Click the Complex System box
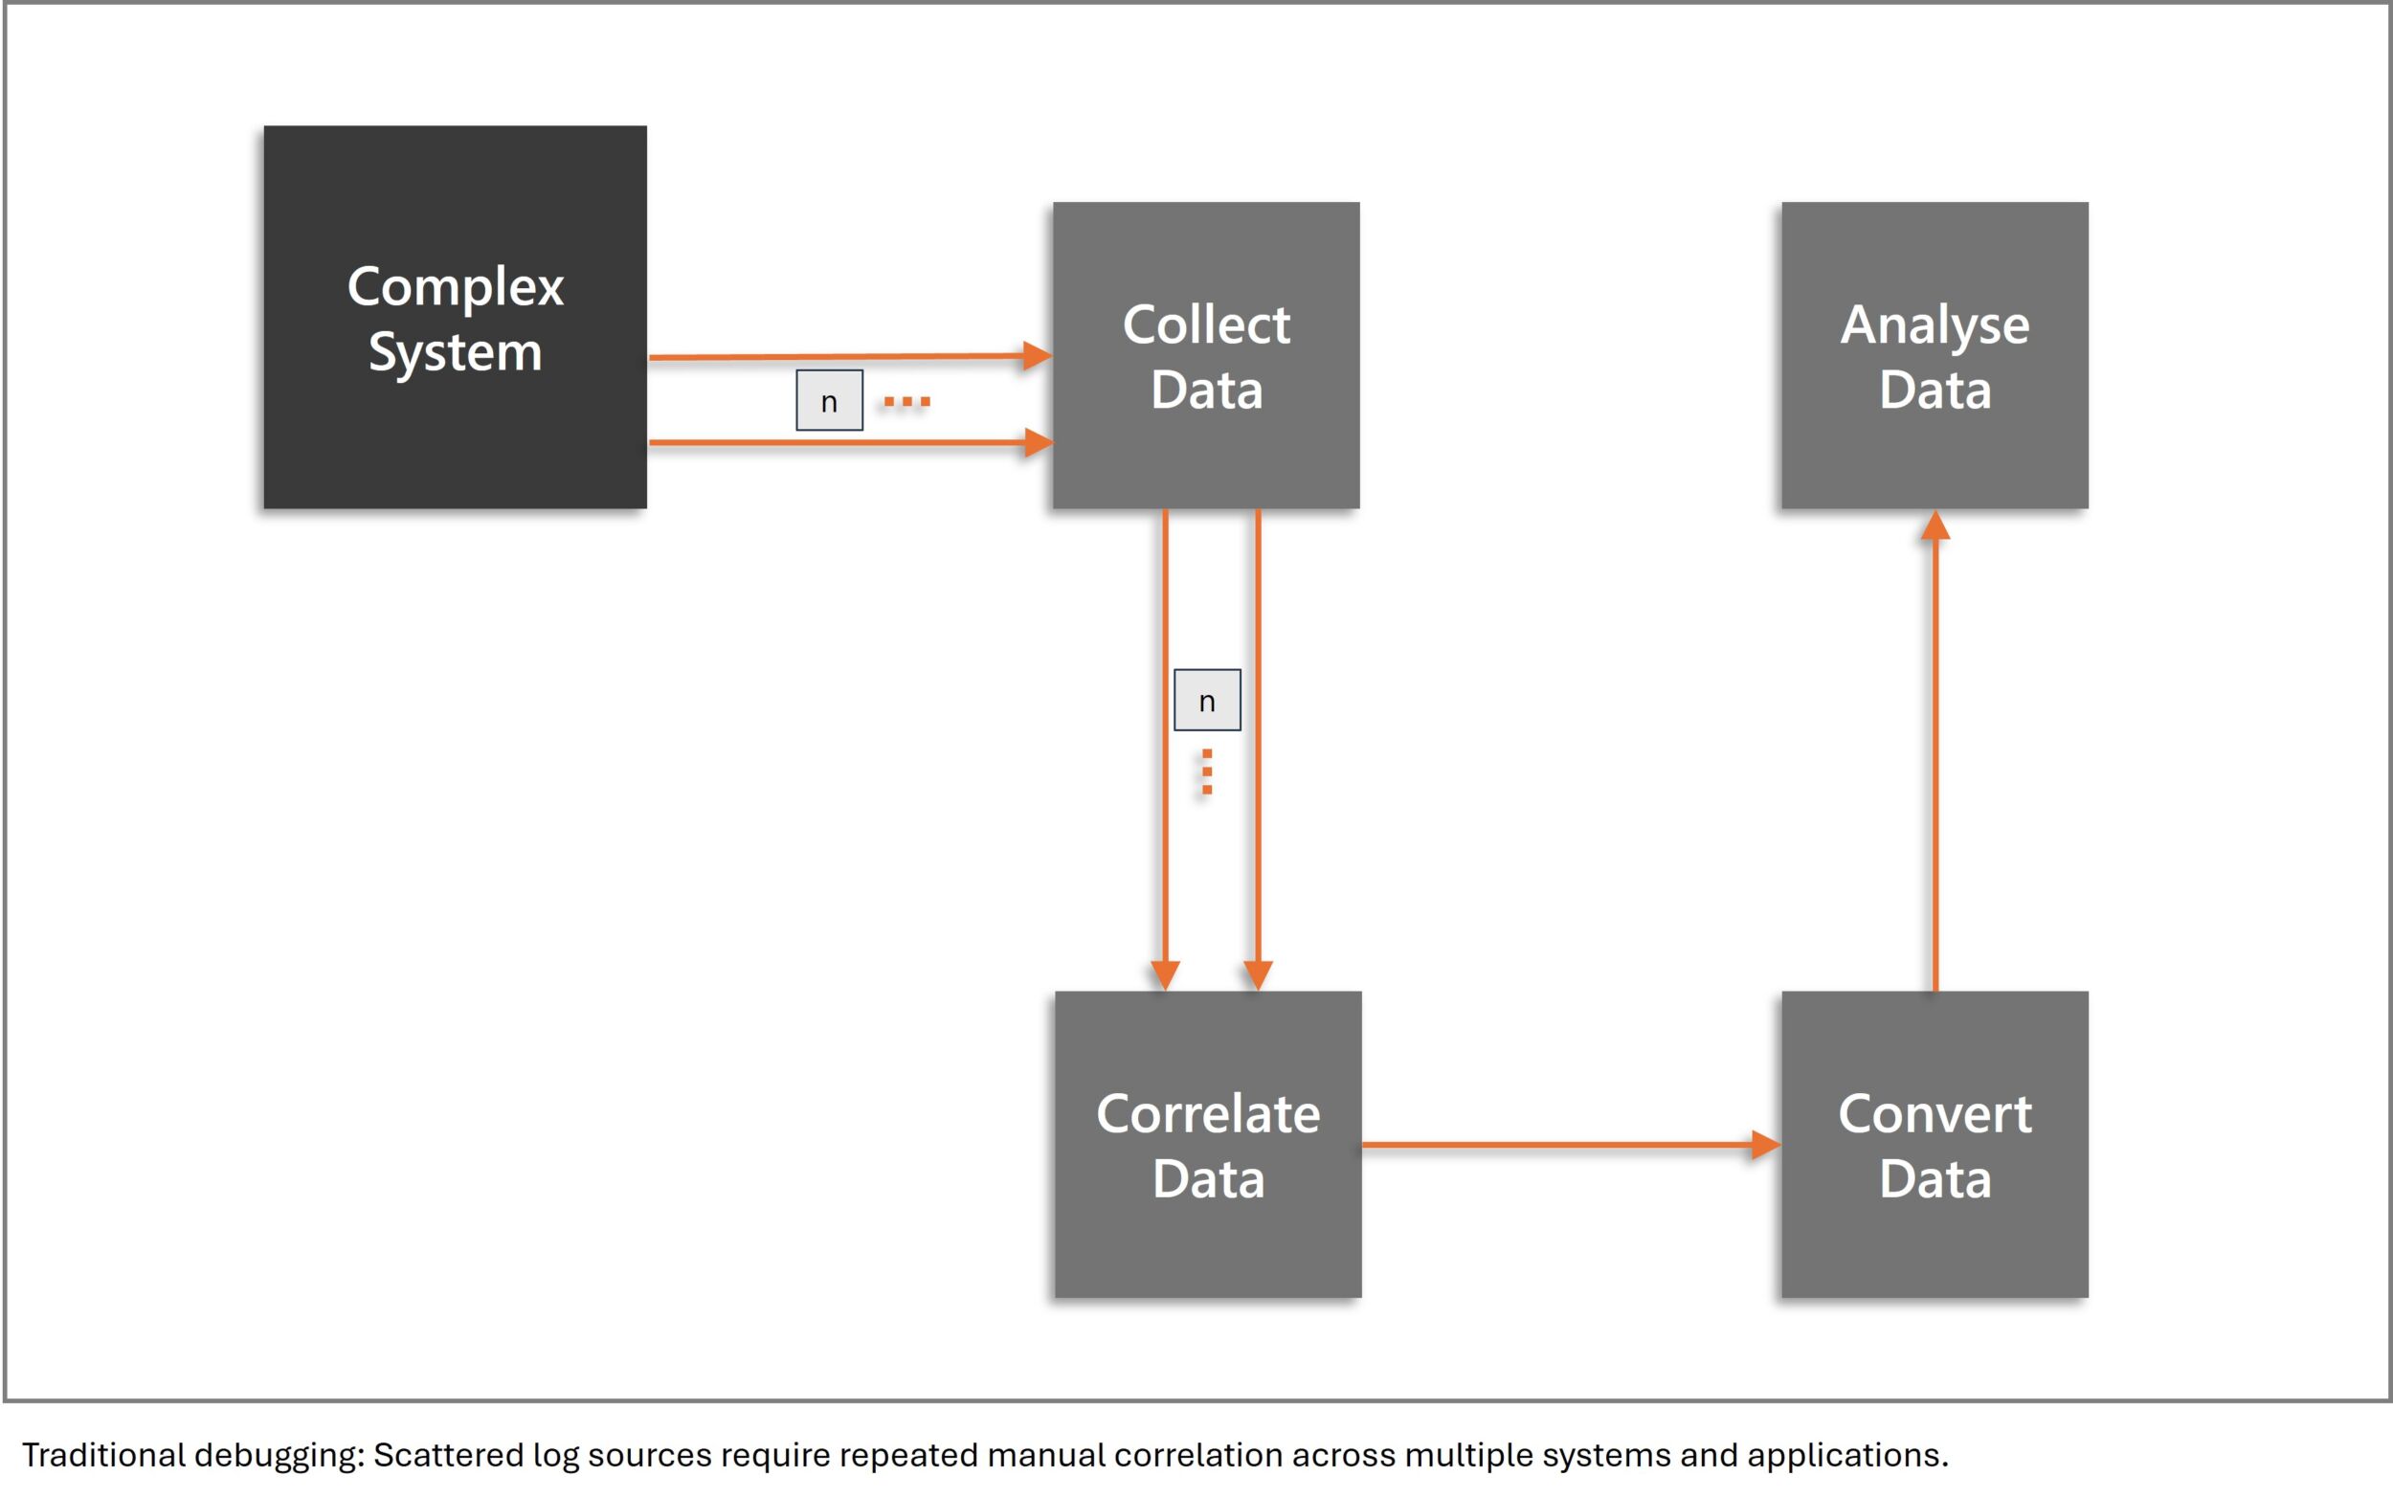tap(455, 317)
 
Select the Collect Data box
tap(1205, 355)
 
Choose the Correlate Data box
tap(1207, 1144)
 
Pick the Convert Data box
tap(1935, 1144)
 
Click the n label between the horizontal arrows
tap(829, 400)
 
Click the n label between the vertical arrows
tap(1206, 701)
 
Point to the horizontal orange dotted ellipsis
tap(906, 401)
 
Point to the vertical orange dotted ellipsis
tap(1206, 771)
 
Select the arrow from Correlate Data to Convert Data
tap(1565, 1144)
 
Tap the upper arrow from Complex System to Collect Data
tap(842, 356)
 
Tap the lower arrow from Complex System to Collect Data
tap(842, 442)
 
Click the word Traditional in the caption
tap(103, 1454)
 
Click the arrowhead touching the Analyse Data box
tap(1935, 525)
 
